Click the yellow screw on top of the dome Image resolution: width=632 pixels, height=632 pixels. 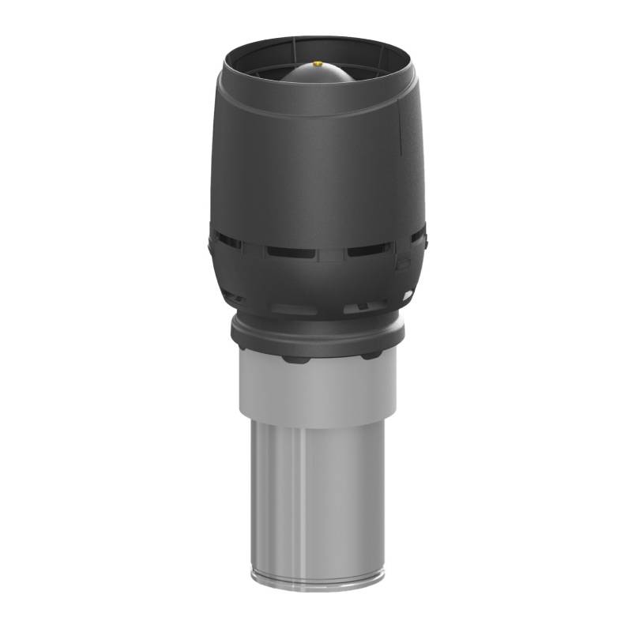[x=317, y=64]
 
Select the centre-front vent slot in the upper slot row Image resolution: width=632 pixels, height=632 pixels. [x=290, y=252]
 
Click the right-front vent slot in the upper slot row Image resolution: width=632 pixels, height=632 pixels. [x=366, y=250]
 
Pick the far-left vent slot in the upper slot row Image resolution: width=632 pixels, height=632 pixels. [x=227, y=239]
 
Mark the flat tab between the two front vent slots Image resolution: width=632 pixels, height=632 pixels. [x=330, y=254]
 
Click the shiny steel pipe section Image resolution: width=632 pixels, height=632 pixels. [x=316, y=490]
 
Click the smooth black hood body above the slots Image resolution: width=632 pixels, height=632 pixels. [x=316, y=166]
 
